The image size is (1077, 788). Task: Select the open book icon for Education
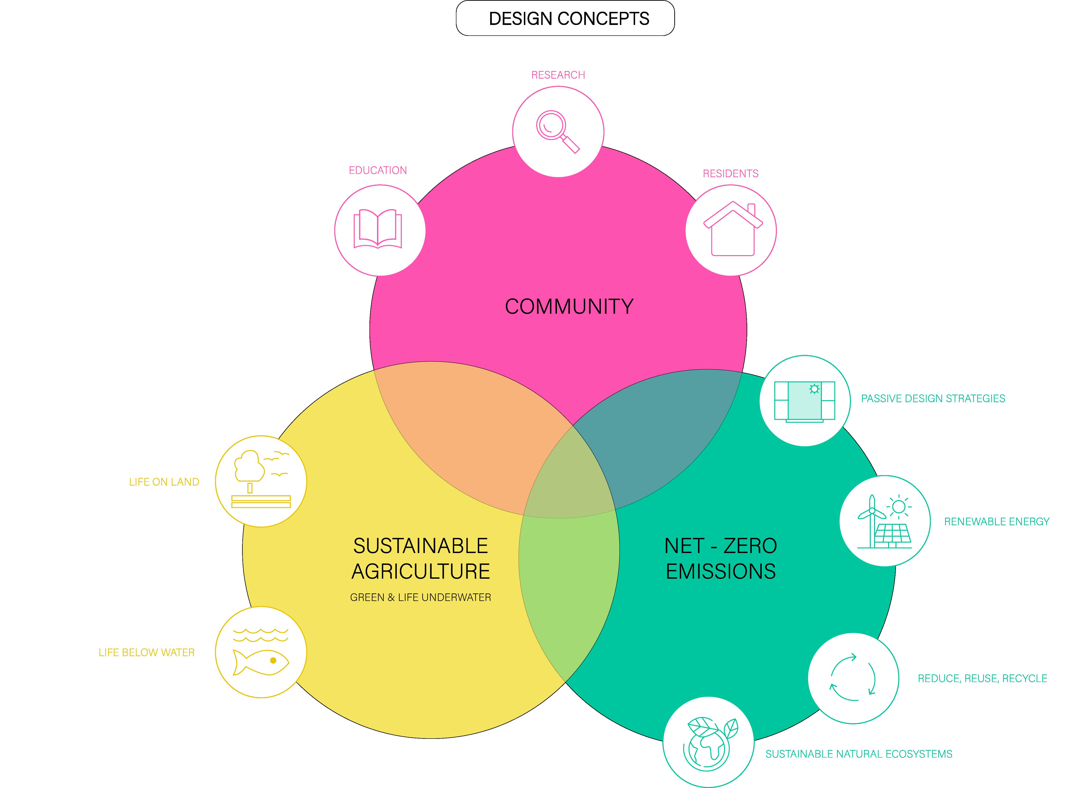click(x=378, y=229)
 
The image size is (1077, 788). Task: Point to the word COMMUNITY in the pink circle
click(x=569, y=307)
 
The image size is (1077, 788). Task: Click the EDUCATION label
click(x=378, y=170)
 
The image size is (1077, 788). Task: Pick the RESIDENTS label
click(x=730, y=174)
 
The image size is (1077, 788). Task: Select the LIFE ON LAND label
click(x=164, y=482)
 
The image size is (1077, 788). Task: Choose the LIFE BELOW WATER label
click(x=146, y=653)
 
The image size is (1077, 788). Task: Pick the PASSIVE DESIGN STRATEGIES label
click(x=933, y=399)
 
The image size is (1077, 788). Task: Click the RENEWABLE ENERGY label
click(x=996, y=522)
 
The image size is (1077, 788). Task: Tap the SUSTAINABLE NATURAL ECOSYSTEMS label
click(x=859, y=754)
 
